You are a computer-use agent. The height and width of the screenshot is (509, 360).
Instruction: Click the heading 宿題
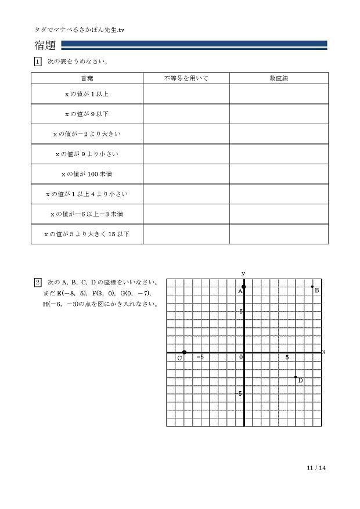tap(46, 45)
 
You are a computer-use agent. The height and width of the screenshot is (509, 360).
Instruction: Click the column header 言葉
tap(87, 78)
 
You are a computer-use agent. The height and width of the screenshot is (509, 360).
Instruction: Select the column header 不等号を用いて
tap(186, 78)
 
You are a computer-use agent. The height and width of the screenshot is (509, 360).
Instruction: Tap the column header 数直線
tap(279, 78)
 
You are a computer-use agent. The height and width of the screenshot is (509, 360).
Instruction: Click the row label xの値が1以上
tap(87, 94)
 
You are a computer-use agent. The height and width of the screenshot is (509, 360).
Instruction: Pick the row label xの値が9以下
tap(87, 114)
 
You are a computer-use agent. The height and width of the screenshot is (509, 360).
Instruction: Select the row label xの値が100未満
tap(87, 174)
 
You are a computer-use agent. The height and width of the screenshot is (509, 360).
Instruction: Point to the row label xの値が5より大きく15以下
tap(87, 234)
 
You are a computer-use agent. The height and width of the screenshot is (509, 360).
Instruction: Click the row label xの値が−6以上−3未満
tap(87, 214)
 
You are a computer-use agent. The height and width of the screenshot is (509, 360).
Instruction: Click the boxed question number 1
tap(38, 62)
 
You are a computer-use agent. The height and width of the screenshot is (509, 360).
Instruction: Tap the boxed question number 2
tap(38, 282)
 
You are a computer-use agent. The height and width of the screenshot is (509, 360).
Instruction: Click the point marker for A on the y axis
tap(244, 287)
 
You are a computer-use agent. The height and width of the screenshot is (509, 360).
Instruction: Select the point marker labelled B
tap(312, 287)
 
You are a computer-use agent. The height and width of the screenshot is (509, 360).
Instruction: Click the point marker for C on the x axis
tap(184, 352)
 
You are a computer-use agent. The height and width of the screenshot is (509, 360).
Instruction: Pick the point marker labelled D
tap(296, 377)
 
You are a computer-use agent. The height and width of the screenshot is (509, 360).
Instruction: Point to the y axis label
tap(243, 273)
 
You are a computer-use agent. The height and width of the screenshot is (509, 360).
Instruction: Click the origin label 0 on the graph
tap(240, 358)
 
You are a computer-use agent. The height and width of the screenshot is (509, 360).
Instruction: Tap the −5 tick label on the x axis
tap(200, 358)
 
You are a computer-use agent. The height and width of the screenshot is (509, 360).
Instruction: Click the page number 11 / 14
tap(316, 468)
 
